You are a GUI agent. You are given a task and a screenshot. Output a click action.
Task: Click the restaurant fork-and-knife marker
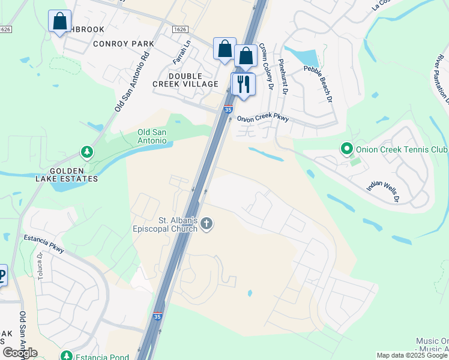(x=243, y=83)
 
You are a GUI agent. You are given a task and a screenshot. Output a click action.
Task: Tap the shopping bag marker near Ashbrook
(x=59, y=22)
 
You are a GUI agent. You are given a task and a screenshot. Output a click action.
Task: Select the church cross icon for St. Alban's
(x=206, y=224)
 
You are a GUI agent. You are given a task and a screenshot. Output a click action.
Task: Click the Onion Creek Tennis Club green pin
(x=346, y=148)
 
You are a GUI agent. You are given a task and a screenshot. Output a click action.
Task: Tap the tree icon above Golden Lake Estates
(x=88, y=152)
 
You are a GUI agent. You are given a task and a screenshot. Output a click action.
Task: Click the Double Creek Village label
(x=185, y=80)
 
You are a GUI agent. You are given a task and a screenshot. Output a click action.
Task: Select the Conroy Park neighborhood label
(x=123, y=44)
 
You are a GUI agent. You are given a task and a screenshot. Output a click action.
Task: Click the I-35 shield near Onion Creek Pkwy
(x=228, y=110)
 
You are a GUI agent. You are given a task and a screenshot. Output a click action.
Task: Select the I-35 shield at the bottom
(x=157, y=316)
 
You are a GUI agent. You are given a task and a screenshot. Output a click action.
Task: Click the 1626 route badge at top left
(x=6, y=29)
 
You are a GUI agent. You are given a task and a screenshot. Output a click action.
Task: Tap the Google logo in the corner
(x=20, y=352)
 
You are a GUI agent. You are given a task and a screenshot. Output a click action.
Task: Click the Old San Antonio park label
(x=152, y=136)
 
